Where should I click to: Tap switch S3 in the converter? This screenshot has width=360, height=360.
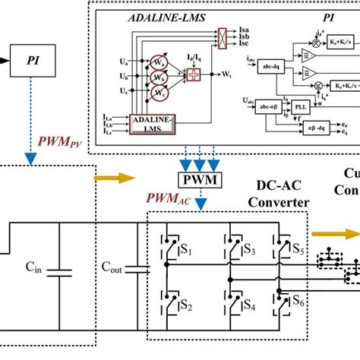click(227, 248)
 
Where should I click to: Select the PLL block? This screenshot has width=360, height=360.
click(302, 107)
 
